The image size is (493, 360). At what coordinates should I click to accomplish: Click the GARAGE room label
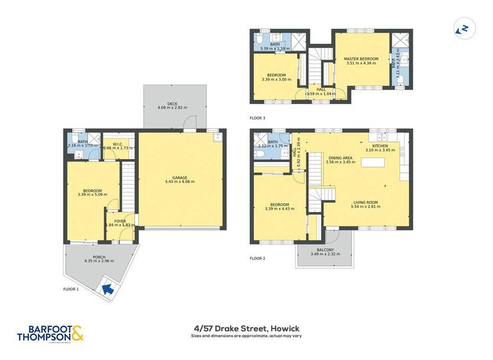pos(179,177)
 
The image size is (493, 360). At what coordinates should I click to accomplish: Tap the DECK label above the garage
pos(163,104)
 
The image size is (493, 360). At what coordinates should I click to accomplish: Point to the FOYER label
pos(120,220)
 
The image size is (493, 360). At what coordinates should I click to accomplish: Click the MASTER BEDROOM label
pos(361,58)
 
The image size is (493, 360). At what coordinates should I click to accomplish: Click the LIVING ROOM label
pos(366,201)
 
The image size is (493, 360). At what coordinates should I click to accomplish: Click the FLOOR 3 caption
pos(258,117)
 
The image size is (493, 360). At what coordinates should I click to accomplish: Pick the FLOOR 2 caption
pos(258,258)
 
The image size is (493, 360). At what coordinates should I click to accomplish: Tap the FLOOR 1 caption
pos(71,288)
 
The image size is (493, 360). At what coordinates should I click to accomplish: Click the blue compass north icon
pos(461,29)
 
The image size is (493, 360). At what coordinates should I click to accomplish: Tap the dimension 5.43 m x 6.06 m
pos(179,182)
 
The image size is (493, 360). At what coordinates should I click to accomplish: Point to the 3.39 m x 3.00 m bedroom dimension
pos(275,79)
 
